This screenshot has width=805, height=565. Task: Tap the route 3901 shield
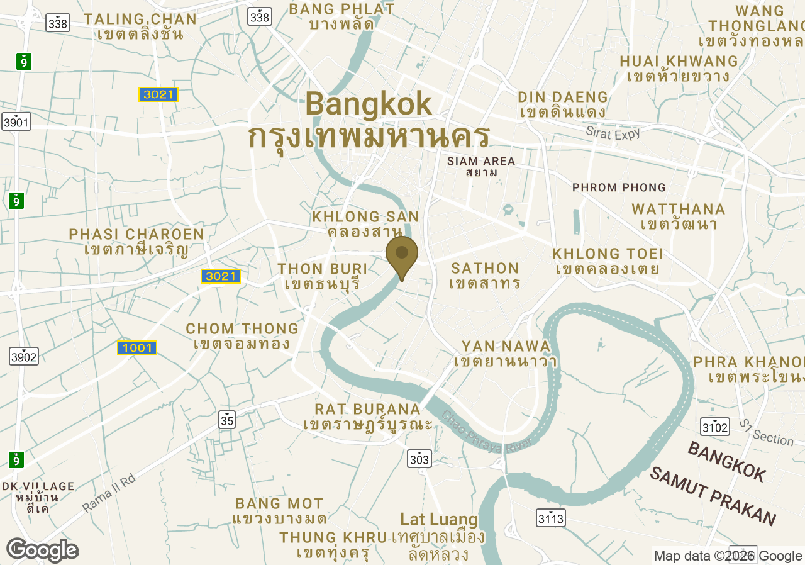tap(16, 122)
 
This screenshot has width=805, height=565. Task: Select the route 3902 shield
tap(24, 357)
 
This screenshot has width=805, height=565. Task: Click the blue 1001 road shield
tap(136, 348)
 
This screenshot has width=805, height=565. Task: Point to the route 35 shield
tap(228, 420)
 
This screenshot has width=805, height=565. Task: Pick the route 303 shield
tap(419, 459)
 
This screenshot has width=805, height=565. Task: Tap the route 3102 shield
tap(715, 428)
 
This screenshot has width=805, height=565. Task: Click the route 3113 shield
tap(551, 518)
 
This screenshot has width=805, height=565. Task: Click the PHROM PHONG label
tap(619, 187)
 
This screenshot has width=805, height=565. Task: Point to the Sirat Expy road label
tap(613, 133)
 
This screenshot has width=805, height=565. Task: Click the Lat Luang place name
tap(439, 520)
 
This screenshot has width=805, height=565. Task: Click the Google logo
tap(42, 550)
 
